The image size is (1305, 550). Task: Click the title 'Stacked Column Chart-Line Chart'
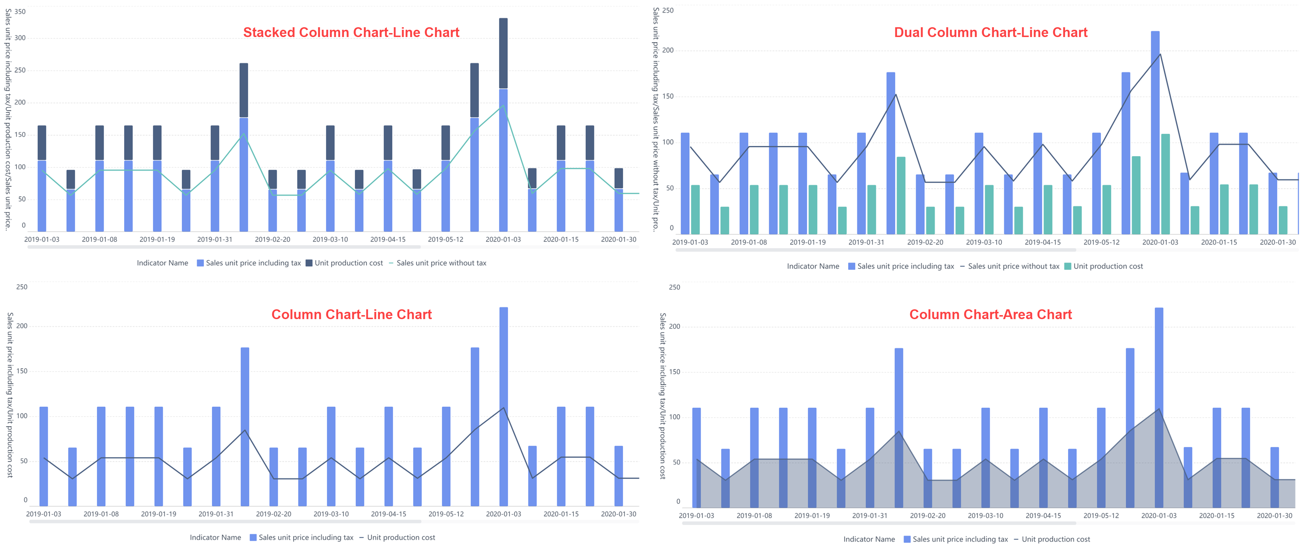point(351,32)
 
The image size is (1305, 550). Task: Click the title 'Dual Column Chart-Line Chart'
point(990,32)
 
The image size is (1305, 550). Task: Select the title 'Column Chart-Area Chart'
point(990,314)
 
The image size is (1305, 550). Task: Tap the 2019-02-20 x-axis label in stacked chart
point(273,239)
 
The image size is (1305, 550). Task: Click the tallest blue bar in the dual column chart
point(1155,132)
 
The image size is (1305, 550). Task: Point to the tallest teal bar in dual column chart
point(1165,183)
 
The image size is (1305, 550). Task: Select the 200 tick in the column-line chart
point(22,326)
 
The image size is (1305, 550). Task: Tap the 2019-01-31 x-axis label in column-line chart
point(216,514)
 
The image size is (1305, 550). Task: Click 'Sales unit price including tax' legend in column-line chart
point(306,537)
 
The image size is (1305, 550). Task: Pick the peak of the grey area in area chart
point(1159,410)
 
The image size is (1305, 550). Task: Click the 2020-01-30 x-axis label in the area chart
point(1274,516)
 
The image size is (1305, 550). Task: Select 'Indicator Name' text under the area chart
point(869,539)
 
